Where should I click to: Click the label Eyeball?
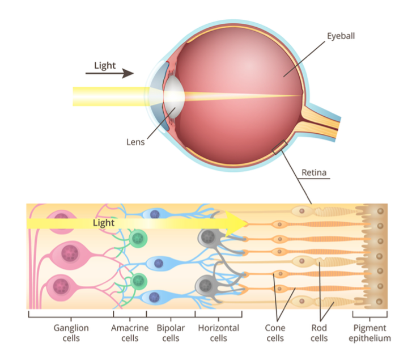(x=341, y=36)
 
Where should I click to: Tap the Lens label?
(x=135, y=142)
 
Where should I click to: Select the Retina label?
(x=314, y=172)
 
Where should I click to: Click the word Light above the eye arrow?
(x=105, y=65)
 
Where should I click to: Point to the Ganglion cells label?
(x=71, y=333)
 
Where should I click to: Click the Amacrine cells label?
(x=130, y=333)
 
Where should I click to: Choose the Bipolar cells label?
(x=171, y=333)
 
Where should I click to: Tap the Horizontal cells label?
(x=219, y=333)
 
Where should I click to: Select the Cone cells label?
(x=275, y=333)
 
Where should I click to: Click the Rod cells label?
(x=319, y=333)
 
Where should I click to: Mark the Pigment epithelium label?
(x=370, y=333)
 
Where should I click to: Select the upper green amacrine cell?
(x=137, y=239)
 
